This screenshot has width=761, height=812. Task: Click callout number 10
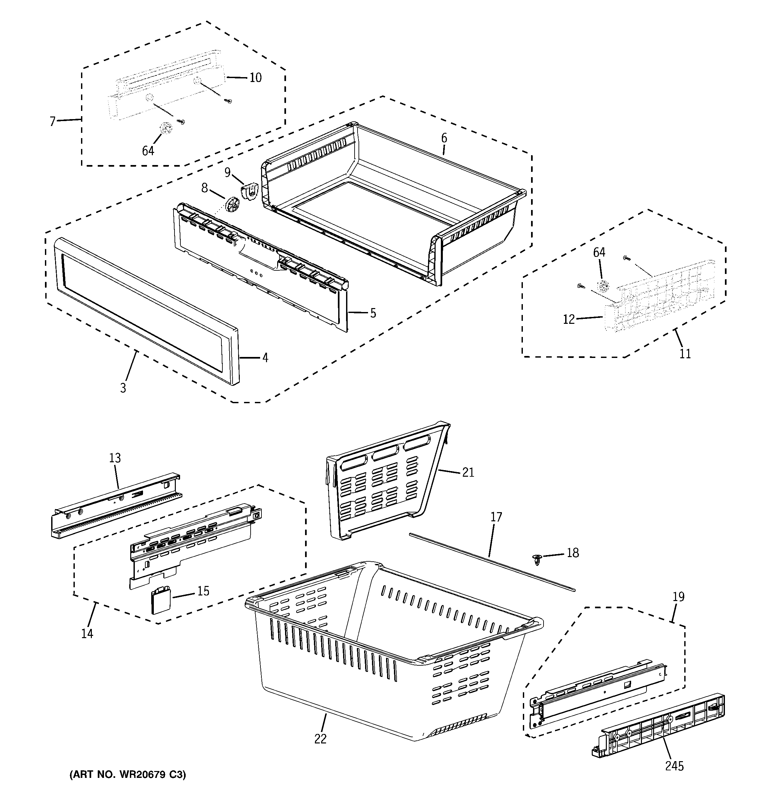[x=255, y=78]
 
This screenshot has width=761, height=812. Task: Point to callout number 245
[x=674, y=766]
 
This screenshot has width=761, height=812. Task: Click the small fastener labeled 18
[x=538, y=559]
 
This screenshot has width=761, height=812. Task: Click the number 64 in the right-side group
[x=599, y=252]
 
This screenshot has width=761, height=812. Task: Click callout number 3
[x=123, y=387]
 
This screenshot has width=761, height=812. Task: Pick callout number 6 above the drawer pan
[x=444, y=138]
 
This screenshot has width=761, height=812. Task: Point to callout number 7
[x=52, y=122]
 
